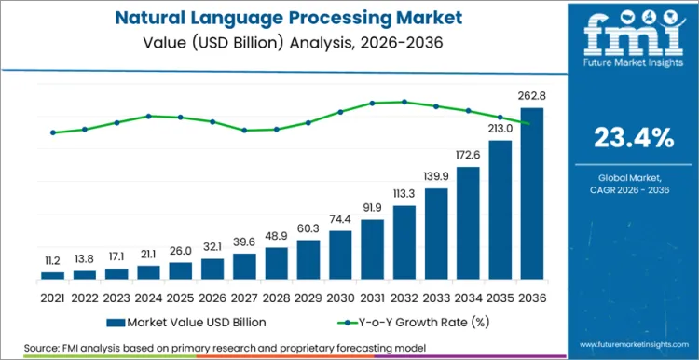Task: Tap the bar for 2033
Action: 436,233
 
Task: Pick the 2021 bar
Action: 53,275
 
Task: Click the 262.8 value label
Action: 531,96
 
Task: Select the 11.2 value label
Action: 53,261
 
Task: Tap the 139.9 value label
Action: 436,177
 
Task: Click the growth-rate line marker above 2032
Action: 404,102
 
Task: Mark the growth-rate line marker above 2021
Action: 53,132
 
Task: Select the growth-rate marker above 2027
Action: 244,130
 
